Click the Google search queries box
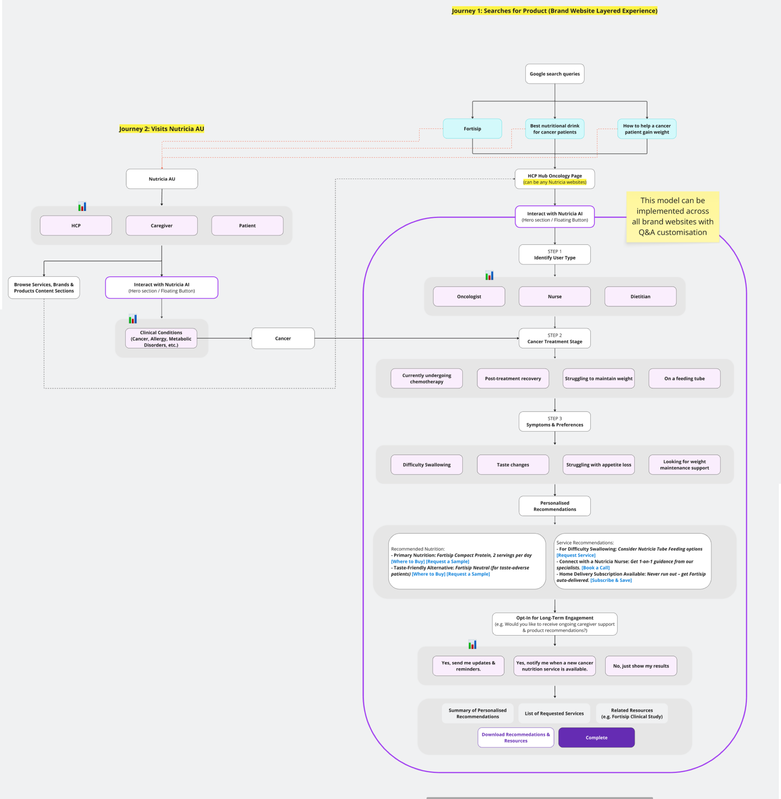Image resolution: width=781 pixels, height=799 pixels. coord(555,74)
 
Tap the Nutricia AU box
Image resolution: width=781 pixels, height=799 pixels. coord(162,179)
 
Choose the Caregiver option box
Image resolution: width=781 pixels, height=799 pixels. coord(162,226)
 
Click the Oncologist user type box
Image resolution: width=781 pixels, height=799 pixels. coord(469,297)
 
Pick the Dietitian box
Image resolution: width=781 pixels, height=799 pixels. coord(640,297)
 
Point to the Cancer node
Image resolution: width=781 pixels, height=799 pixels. coord(283,338)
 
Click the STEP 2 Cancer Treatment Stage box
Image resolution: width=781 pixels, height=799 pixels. coord(555,338)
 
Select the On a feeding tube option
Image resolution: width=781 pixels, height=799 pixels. coord(684,378)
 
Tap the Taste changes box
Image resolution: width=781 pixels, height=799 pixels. coord(513,465)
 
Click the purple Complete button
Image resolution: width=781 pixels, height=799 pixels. coord(596,738)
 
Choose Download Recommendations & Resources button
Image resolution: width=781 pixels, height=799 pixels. coord(515,738)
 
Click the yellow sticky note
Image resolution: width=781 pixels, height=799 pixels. coord(672,216)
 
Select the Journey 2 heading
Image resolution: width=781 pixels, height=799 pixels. coord(162,129)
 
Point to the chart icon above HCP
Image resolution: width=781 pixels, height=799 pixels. coord(82,206)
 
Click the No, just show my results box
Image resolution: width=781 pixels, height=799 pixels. coord(641,666)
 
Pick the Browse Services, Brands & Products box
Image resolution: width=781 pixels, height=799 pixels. coord(44,288)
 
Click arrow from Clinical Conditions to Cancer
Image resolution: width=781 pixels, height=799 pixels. coord(224,338)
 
